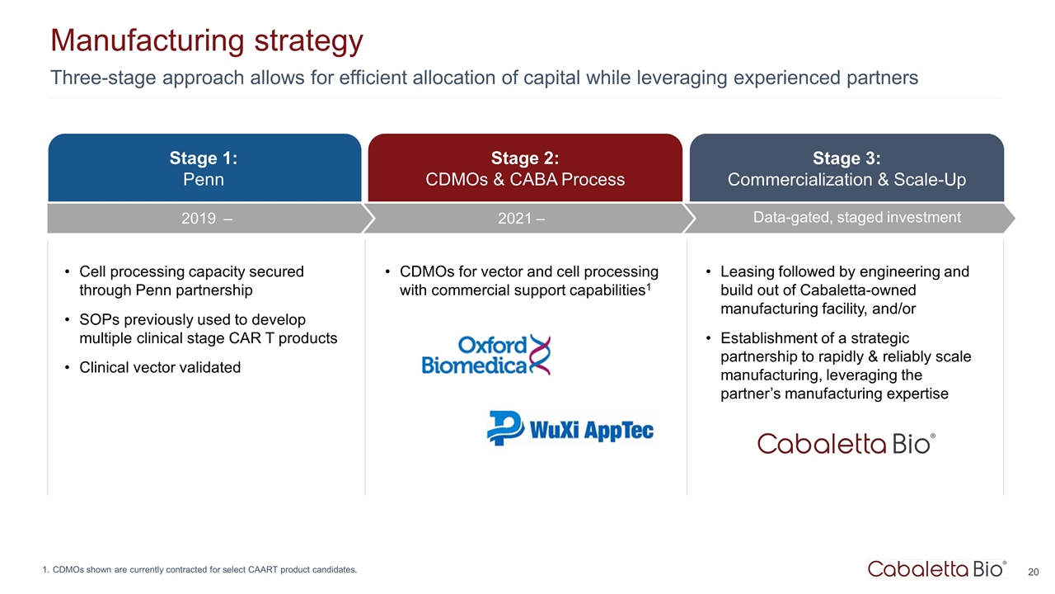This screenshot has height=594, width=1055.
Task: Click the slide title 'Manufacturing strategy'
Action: click(207, 41)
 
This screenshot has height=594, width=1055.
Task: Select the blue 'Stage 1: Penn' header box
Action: click(204, 167)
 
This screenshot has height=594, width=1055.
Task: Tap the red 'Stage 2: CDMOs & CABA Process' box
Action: click(525, 167)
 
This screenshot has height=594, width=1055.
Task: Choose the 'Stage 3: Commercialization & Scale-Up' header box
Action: click(846, 167)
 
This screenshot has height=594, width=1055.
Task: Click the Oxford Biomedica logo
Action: click(486, 355)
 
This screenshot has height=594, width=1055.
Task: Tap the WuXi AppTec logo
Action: click(570, 428)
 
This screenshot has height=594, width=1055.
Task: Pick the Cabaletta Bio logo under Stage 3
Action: click(846, 444)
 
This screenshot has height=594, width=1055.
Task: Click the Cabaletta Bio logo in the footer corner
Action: click(937, 569)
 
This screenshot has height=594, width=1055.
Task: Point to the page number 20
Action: click(1034, 572)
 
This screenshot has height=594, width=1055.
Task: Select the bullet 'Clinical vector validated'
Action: click(160, 367)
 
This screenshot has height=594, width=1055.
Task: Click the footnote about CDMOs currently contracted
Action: click(199, 569)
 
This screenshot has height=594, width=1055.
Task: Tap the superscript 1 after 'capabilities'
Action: click(649, 285)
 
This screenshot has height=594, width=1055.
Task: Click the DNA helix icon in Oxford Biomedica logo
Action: click(540, 355)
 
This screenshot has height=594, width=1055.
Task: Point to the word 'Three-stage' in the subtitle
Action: click(103, 78)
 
